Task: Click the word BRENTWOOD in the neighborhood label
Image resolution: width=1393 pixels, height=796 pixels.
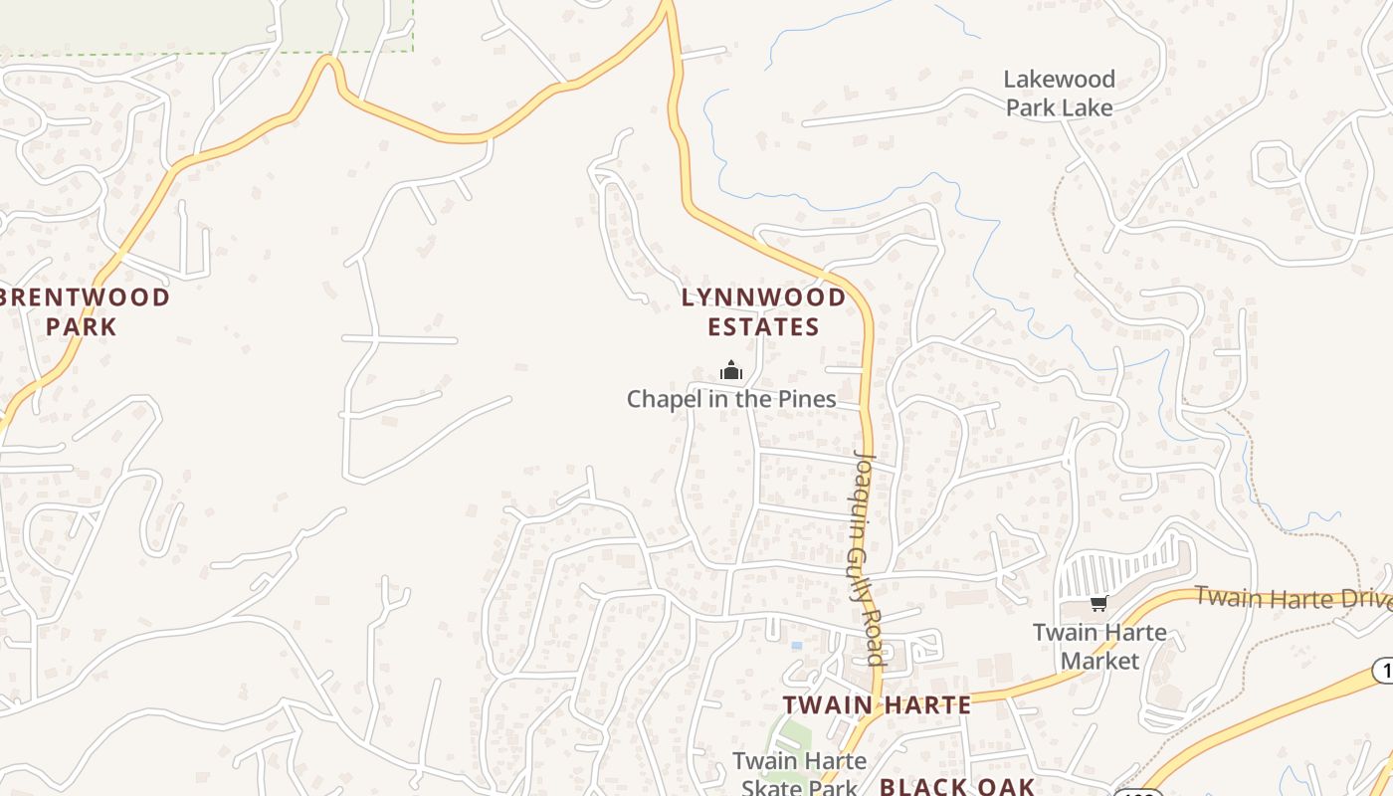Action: tap(86, 297)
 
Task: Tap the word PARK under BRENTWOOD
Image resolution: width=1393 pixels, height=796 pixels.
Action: tap(82, 326)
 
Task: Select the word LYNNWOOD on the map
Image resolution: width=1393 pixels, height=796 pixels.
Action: tap(764, 297)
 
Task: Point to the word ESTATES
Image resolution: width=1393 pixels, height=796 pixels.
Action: tap(764, 326)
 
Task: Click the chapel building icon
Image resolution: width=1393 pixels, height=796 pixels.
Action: tap(731, 372)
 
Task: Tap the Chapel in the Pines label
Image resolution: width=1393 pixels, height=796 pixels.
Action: tap(731, 399)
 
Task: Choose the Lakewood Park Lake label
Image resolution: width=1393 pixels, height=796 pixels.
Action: tap(1059, 94)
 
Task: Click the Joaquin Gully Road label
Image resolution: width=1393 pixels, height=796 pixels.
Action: tap(868, 557)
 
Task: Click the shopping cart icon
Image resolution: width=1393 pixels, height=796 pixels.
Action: tap(1098, 603)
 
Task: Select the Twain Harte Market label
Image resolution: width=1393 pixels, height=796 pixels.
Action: tap(1099, 646)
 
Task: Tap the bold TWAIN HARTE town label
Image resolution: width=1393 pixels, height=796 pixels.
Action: tap(877, 705)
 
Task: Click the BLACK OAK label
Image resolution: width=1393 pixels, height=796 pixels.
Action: tap(957, 786)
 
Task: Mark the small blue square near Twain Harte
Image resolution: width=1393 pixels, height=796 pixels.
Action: tap(796, 646)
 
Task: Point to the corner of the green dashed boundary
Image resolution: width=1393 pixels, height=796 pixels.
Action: tap(412, 49)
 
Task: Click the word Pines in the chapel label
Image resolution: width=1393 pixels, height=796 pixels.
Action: tap(805, 399)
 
